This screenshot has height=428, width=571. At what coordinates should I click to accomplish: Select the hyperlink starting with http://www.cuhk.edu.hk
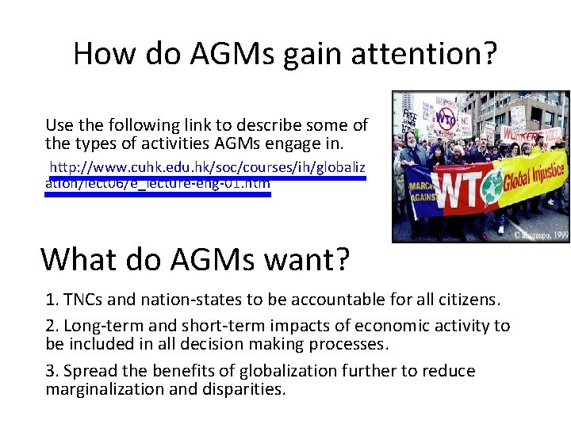coord(208,168)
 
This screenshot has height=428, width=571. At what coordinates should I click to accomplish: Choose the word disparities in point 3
coord(243,389)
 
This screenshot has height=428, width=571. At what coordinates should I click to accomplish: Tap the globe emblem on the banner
coord(511,187)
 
